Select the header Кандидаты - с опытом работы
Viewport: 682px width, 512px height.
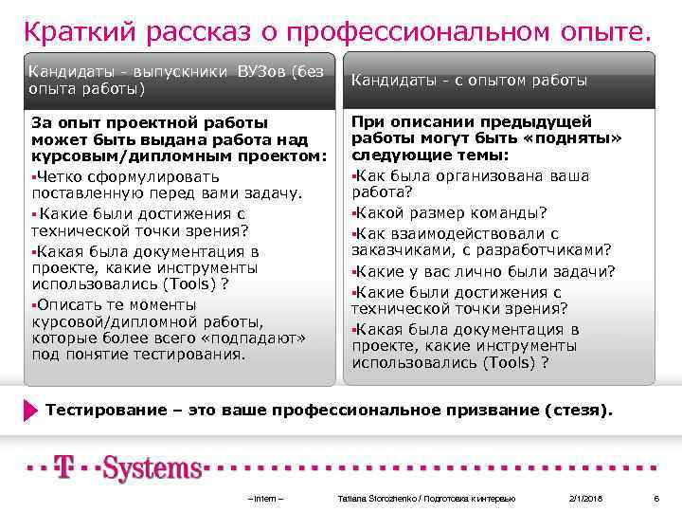pos(469,81)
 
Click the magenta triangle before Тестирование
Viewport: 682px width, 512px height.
pos(31,411)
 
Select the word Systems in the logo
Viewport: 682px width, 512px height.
pos(152,468)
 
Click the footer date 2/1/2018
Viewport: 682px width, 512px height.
pos(585,498)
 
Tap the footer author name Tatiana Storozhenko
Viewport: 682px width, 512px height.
pos(376,498)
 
